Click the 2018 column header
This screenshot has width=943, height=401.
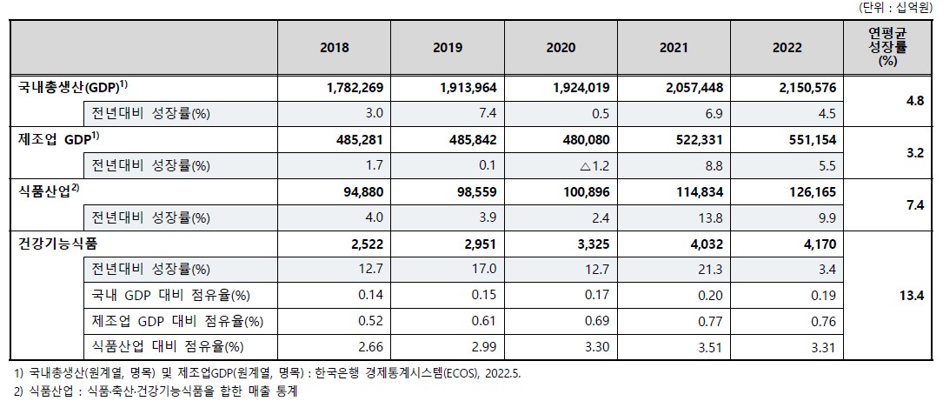click(334, 48)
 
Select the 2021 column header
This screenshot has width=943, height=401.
click(674, 48)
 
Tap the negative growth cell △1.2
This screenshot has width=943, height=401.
click(570, 164)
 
